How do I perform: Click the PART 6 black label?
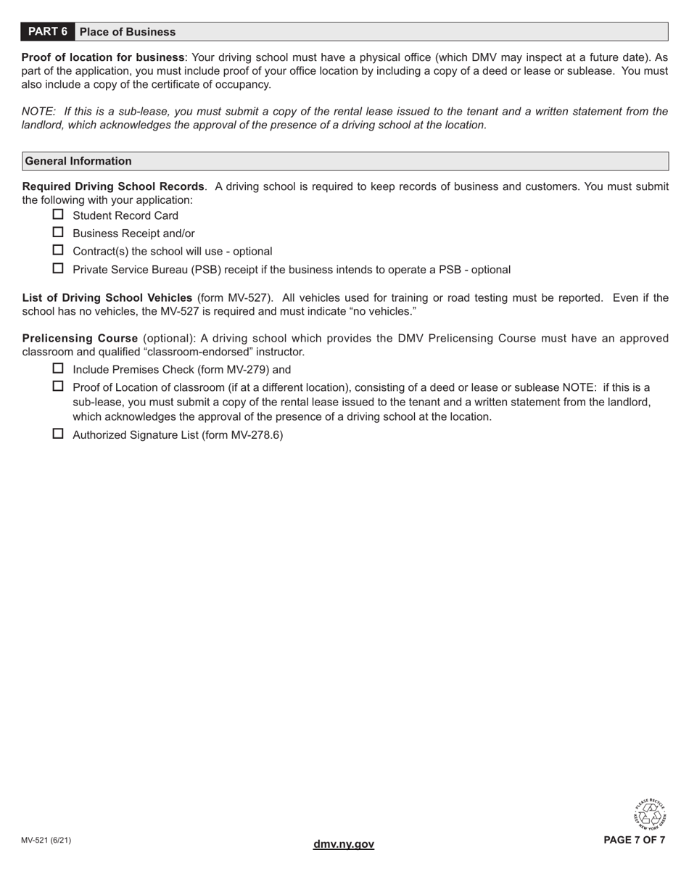[x=48, y=32]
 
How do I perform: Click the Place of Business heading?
[x=128, y=32]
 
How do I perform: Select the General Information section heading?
[x=78, y=161]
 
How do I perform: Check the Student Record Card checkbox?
[x=59, y=215]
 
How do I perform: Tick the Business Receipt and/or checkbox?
[x=59, y=233]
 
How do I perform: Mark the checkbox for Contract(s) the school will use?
[x=59, y=250]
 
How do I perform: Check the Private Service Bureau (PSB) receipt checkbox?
[x=59, y=268]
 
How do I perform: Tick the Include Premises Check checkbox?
[x=59, y=368]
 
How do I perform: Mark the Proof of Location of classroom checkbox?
[x=59, y=387]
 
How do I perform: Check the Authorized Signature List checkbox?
[x=59, y=434]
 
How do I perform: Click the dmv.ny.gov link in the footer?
[x=344, y=844]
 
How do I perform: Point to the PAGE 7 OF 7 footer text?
[x=634, y=841]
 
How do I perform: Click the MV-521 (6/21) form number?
[x=46, y=841]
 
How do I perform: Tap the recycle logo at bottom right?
[x=650, y=814]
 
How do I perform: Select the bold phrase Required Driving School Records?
[x=113, y=186]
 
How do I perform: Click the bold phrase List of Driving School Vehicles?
[x=107, y=298]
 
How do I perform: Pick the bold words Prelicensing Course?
[x=80, y=339]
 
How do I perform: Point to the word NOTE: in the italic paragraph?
[x=38, y=112]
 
